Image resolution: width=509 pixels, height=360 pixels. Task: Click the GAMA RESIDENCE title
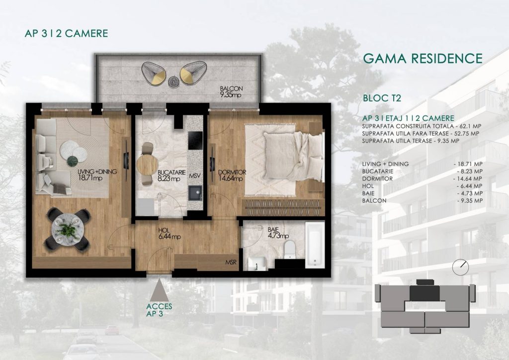423,59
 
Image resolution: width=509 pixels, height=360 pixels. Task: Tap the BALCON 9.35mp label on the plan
231,91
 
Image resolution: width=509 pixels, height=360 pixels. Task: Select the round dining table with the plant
68,230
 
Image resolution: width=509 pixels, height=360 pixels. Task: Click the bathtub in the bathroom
315,245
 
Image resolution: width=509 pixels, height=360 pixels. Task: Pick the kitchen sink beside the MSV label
195,193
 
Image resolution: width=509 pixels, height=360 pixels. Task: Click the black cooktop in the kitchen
195,141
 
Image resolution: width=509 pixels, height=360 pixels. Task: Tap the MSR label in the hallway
231,262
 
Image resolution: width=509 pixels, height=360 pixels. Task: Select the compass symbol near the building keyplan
461,267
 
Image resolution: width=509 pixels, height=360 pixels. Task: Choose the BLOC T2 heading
382,98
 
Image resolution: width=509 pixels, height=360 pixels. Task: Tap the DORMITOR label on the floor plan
232,173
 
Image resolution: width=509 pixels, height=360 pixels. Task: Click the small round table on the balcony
173,81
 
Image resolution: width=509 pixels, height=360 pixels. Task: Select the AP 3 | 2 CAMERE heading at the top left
66,33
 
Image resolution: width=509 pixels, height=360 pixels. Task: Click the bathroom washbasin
257,263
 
